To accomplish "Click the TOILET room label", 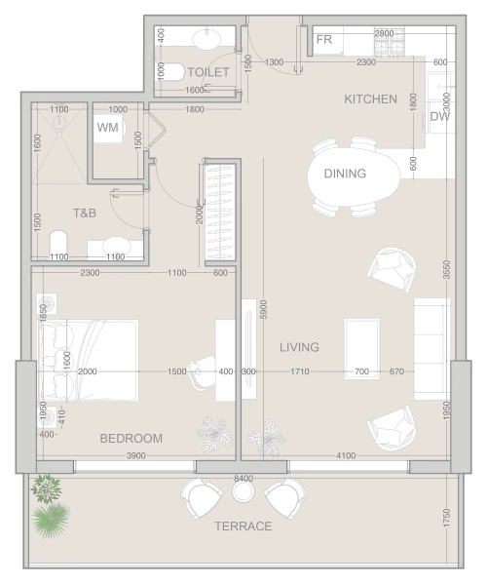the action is pos(207,72).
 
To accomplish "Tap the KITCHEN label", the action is pos(370,99).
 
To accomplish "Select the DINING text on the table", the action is pos(345,174).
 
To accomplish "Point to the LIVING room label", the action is pos(299,347).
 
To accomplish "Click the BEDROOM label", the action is pos(131,439).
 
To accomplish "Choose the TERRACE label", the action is pos(243,526).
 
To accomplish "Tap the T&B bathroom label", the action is pos(85,213).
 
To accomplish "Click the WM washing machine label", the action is pos(108,128).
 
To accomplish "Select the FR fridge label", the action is pos(323,40).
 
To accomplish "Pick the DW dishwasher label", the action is pos(439,116).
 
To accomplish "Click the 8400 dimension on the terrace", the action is pos(243,479).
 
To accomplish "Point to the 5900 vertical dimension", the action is pos(263,309).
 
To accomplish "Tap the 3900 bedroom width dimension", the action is pos(136,455).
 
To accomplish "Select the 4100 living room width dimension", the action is pos(346,455).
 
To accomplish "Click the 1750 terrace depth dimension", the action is pos(446,518).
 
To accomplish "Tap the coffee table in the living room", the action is pos(361,349).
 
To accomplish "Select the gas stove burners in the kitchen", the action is pos(390,41).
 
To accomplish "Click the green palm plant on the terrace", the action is pos(51,520).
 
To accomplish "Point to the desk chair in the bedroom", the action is pos(202,372).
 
